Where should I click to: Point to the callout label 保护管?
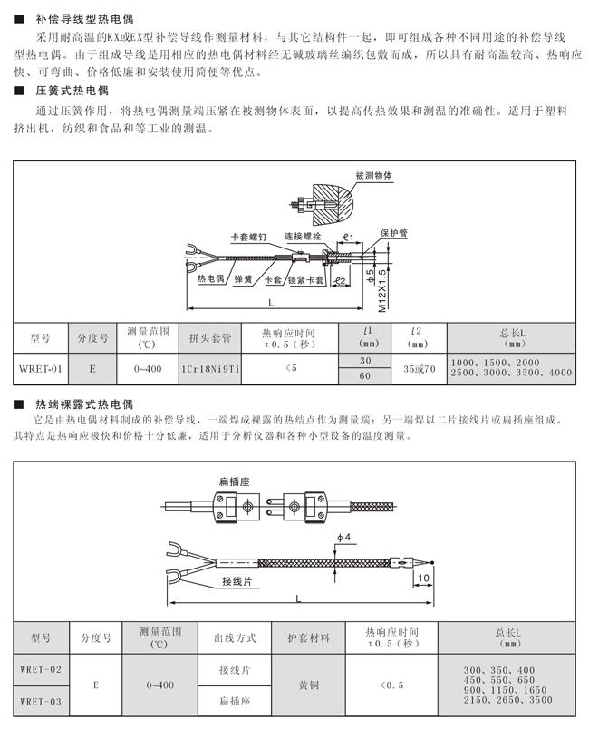393,233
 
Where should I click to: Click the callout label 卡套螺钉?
249,237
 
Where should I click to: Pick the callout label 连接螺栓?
304,236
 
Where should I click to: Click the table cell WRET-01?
42,368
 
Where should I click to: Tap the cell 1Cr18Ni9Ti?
210,368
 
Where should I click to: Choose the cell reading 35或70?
419,368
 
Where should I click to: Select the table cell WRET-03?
42,700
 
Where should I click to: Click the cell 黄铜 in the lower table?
309,685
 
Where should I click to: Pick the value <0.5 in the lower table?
391,685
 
